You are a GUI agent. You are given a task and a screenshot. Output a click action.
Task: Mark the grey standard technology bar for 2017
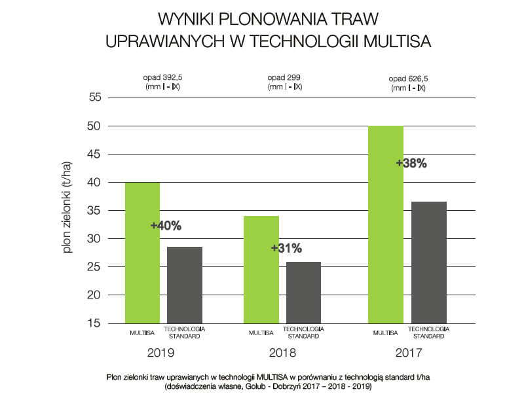coord(429,262)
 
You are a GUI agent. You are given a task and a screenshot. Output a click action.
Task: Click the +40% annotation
coord(166,226)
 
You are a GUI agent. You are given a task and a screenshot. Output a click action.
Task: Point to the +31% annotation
coord(286,248)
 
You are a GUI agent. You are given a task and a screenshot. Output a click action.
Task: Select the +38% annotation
coord(411,164)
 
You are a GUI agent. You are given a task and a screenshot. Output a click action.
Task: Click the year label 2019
coord(161,353)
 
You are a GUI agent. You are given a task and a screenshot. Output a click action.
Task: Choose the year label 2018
coord(282,353)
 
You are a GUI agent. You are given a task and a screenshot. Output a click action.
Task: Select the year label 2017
coord(408,353)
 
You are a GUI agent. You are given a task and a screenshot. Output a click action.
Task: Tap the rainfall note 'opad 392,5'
coord(162,77)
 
